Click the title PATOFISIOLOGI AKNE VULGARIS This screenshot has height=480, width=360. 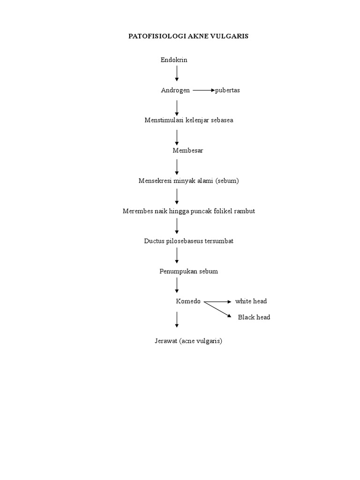[188, 36]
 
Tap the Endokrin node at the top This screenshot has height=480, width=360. [174, 60]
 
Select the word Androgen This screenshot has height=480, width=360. [175, 90]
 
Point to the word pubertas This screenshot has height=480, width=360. [227, 90]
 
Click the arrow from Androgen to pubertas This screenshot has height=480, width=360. [203, 90]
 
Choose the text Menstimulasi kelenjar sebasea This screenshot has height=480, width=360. [188, 120]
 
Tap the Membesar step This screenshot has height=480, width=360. [187, 150]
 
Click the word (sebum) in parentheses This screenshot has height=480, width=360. [227, 181]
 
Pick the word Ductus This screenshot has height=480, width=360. [155, 241]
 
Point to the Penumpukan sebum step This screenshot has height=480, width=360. [188, 271]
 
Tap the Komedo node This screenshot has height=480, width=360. [188, 301]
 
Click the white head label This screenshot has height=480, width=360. [251, 301]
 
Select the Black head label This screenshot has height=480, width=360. [254, 317]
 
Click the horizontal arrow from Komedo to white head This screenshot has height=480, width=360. [217, 301]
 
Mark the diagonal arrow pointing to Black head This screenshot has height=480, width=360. [218, 310]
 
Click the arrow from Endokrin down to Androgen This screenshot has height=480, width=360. [177, 73]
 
